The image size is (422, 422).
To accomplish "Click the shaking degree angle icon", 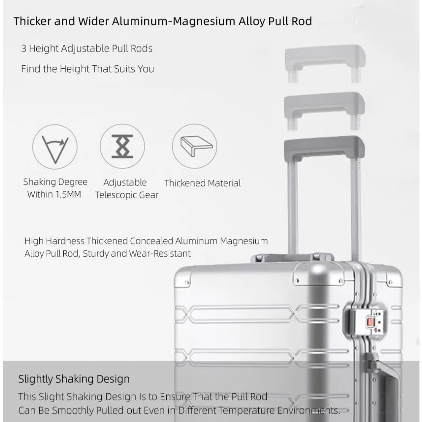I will pos(55,146).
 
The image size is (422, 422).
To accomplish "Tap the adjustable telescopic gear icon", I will pos(122,146).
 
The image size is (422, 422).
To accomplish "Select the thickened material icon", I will pos(195,146).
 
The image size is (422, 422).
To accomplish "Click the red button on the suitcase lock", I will pos(371,322).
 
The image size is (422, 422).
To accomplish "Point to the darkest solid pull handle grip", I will pos(324,145).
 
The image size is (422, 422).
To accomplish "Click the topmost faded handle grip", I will pos(324,54).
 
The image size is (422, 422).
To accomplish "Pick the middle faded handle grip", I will pos(324,100).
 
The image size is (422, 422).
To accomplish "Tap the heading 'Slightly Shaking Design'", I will pos(74,379).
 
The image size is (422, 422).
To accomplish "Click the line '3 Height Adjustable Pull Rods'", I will pos(87,49).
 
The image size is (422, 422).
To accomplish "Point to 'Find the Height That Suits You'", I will pos(88,68).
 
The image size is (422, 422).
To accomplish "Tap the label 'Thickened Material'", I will pos(203,183).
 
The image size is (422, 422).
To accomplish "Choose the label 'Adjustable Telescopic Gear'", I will pos(127,189).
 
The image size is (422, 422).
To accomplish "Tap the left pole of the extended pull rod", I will pos(292,207).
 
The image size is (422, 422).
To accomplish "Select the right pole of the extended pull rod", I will pos(356,207).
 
